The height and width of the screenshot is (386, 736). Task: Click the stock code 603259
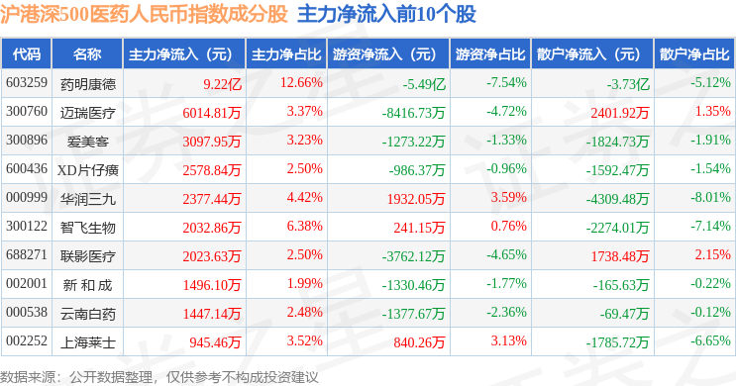click(27, 82)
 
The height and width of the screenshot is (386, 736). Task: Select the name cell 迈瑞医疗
click(88, 113)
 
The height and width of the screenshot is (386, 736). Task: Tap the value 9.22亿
click(222, 84)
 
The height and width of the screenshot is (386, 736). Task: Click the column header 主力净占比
click(286, 54)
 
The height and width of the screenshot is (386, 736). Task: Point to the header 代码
click(27, 54)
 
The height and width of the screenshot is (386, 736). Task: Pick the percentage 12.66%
click(301, 82)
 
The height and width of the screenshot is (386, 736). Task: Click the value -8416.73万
click(413, 113)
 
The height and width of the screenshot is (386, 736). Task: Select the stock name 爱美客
click(88, 142)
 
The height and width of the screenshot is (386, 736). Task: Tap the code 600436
click(27, 168)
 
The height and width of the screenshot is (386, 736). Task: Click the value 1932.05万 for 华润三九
click(416, 199)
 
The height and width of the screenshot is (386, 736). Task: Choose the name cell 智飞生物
click(88, 228)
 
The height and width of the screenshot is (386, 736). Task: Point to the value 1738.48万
click(619, 256)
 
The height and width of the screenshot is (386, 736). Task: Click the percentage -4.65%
click(506, 254)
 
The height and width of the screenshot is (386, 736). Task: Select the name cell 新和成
click(88, 285)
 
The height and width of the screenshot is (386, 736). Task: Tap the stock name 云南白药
click(88, 314)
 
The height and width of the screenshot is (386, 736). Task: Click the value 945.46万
click(215, 342)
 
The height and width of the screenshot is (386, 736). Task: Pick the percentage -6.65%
click(710, 340)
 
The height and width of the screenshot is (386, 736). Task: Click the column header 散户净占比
click(694, 54)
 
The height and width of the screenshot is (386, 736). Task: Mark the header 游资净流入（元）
click(384, 54)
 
